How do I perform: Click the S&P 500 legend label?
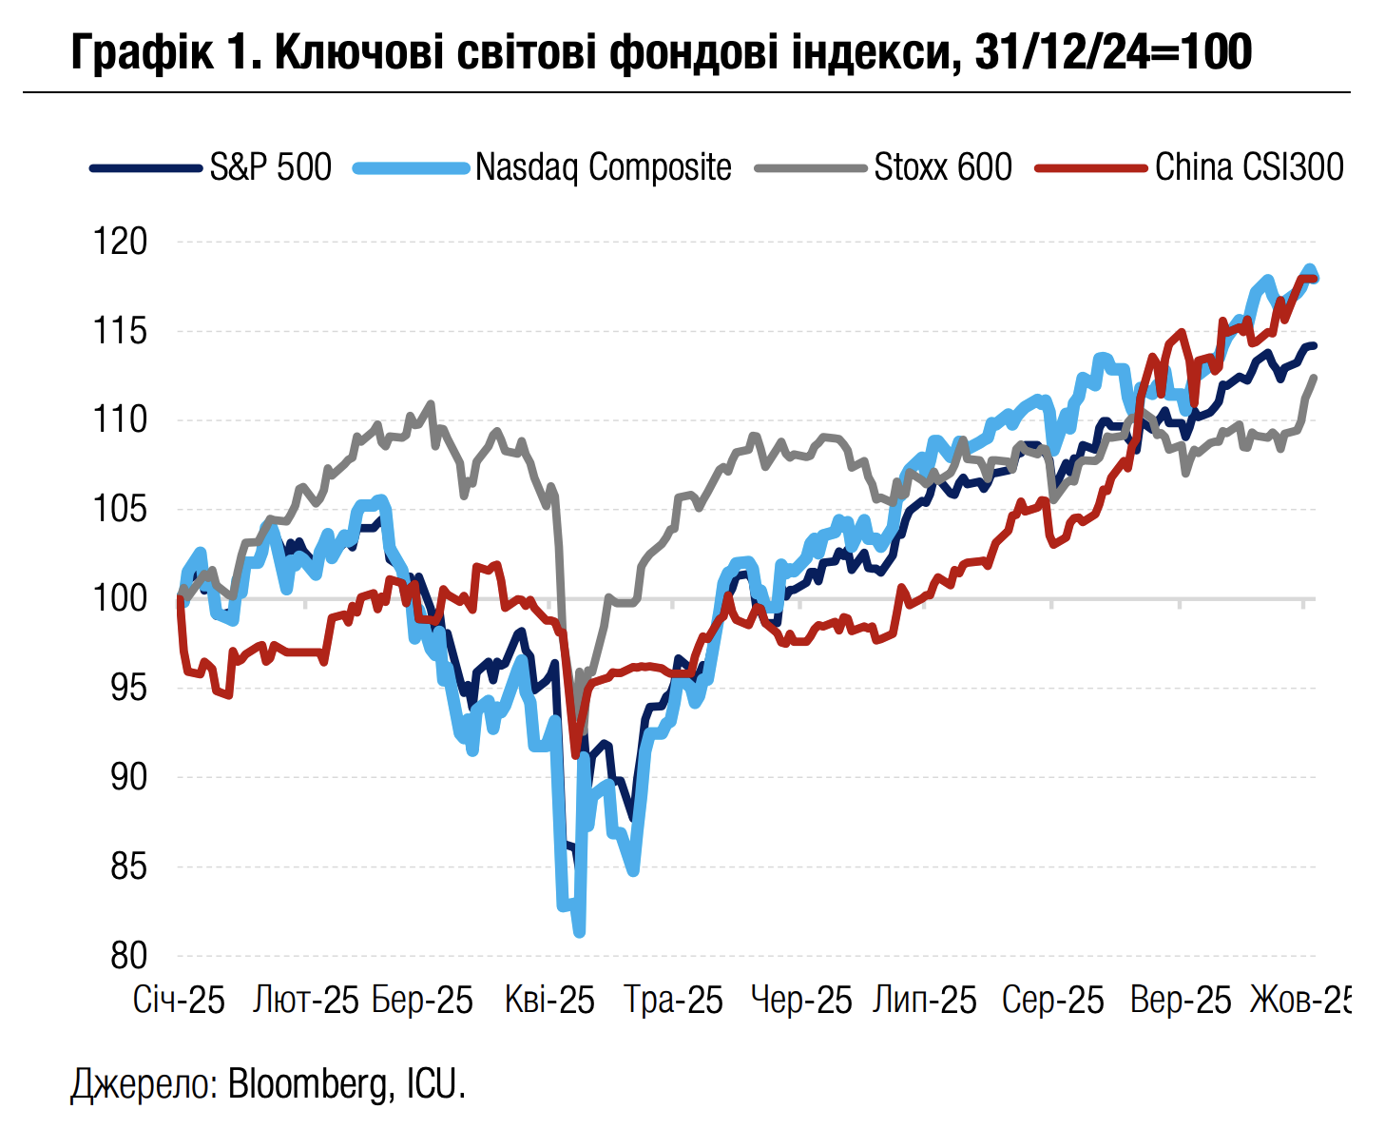pos(270,167)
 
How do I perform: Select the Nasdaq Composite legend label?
pos(603,167)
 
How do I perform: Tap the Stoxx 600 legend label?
pos(942,167)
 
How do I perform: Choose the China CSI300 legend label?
pos(1249,167)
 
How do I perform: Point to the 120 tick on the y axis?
pos(120,242)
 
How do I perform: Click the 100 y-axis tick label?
pos(120,598)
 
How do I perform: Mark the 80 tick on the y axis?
pos(129,956)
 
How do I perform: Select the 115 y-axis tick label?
pos(120,331)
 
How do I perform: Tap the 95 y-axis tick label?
pos(129,688)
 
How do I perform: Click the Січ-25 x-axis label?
pos(179,1001)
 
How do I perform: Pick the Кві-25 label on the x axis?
pos(549,1001)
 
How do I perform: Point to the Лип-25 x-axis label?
pos(925,1001)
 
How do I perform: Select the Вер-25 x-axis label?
pos(1180,1001)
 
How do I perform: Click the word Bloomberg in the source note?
pos(306,1084)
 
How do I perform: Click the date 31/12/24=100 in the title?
pos(1113,52)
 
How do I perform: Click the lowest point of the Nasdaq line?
pos(580,933)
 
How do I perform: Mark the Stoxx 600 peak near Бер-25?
pos(432,404)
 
